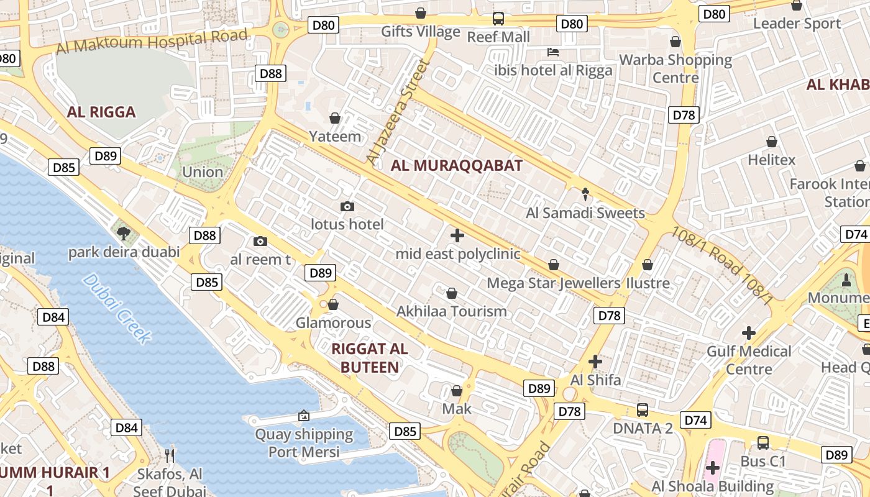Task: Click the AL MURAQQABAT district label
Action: [457, 166]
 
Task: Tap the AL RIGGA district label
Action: [101, 112]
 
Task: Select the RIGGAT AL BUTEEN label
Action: [370, 358]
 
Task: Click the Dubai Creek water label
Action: [116, 309]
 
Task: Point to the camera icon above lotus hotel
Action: [347, 206]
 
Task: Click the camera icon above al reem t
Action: [260, 241]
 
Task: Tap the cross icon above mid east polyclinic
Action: [457, 235]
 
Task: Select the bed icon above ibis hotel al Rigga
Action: [552, 52]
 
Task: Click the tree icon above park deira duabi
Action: [124, 234]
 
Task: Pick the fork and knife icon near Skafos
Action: [170, 456]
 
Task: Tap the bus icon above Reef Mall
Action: [498, 18]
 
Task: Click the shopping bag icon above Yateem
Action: [335, 118]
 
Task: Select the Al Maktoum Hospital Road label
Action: [152, 41]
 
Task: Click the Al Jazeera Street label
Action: [398, 112]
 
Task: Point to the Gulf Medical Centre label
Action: [749, 360]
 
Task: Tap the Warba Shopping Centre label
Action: [676, 69]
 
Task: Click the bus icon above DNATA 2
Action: [643, 410]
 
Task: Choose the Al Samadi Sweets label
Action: [585, 213]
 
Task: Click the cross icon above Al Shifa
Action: [595, 361]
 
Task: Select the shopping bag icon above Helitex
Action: [772, 142]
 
